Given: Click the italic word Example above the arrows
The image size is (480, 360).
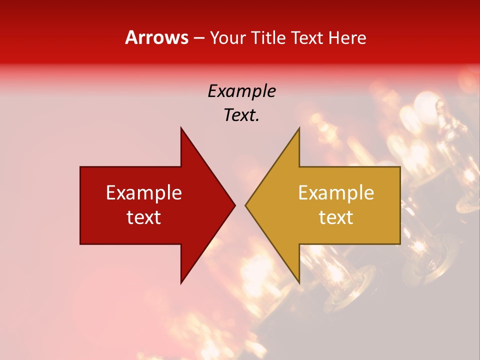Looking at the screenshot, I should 242,91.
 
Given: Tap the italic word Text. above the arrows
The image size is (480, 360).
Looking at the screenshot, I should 242,115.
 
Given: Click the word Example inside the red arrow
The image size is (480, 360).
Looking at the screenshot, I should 144,192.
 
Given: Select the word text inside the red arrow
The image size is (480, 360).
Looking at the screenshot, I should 144,217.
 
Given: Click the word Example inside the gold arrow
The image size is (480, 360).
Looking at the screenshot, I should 336,192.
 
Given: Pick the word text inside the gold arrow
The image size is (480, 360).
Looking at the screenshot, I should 336,217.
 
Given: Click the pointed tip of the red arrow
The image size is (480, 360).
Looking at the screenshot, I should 235,205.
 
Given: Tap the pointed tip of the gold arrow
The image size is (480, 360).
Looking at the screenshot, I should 245,205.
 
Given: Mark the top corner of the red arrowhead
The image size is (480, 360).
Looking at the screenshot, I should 181,128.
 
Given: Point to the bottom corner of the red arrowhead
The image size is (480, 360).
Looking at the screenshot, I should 181,283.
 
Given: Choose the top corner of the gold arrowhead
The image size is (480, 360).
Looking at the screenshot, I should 299,128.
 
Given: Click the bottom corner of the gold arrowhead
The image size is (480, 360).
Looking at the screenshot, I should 299,283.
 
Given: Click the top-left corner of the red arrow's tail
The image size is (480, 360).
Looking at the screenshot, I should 80,167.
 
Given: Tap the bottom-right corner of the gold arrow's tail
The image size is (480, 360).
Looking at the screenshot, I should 400,244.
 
